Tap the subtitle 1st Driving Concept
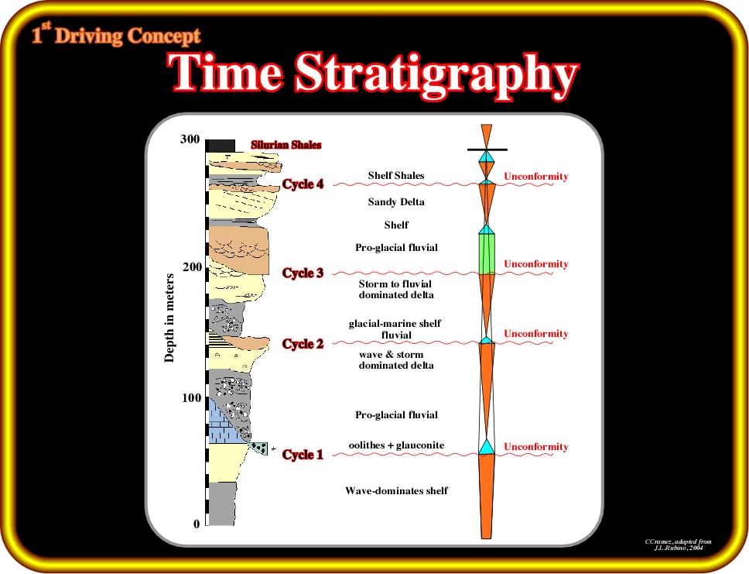(x=116, y=34)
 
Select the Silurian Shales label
(x=286, y=145)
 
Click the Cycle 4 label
(x=303, y=184)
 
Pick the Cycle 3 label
(x=303, y=273)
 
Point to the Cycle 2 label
(x=303, y=344)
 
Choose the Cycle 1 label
(x=303, y=455)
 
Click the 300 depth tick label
(x=190, y=139)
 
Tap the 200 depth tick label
(x=192, y=267)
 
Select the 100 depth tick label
(x=192, y=397)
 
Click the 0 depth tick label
(x=197, y=524)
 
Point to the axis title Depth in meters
(x=169, y=318)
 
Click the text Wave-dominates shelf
(x=396, y=491)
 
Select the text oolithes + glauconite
(x=396, y=445)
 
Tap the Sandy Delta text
(x=396, y=202)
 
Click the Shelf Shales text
(x=396, y=176)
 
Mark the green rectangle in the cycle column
(x=487, y=254)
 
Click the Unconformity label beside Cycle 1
(x=536, y=447)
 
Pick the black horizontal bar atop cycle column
(x=487, y=150)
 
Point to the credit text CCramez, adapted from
(x=678, y=541)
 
